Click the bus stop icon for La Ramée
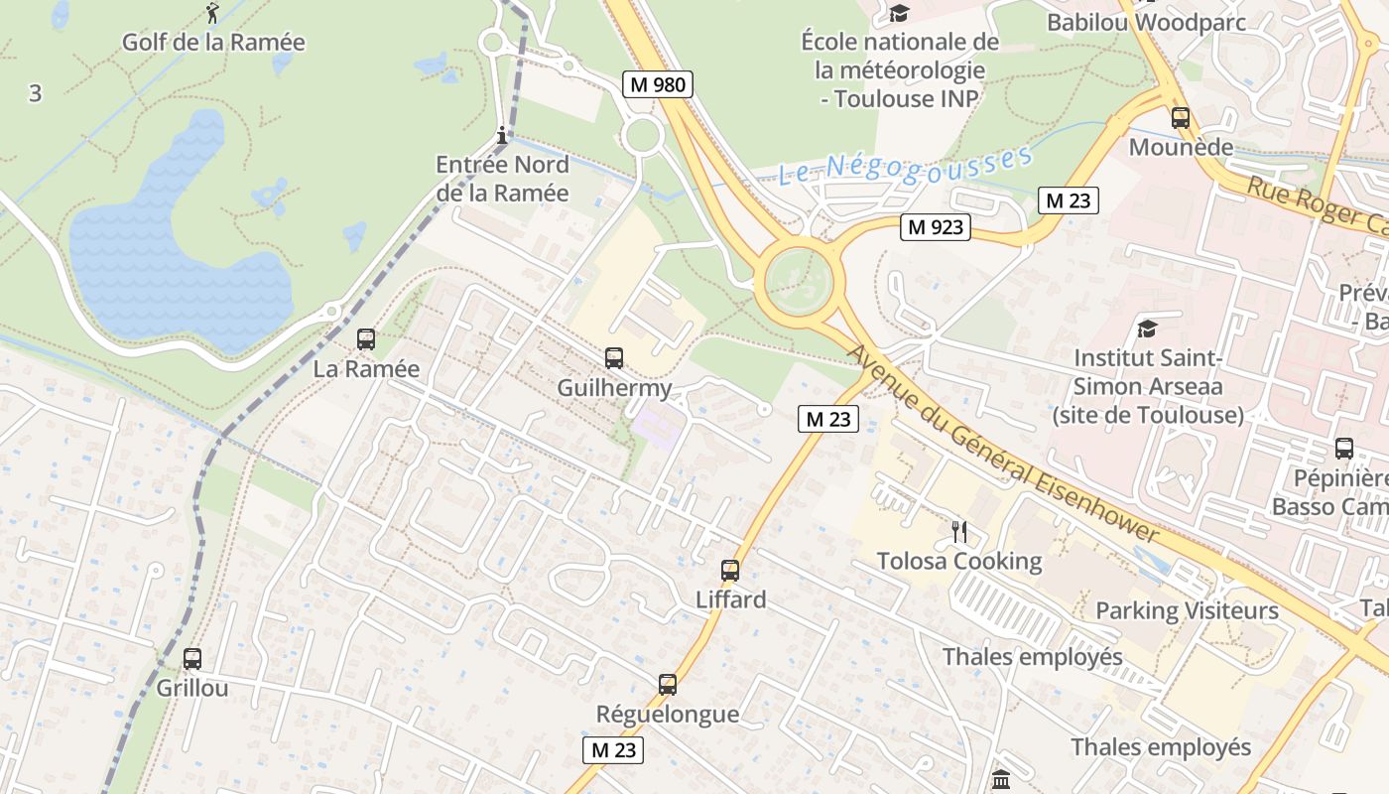coord(366,339)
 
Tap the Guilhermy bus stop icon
coord(614,358)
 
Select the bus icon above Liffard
coord(730,571)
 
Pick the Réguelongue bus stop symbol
coord(668,685)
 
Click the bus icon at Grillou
coord(192,658)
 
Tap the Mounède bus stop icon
coord(1181,118)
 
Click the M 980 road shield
coord(657,84)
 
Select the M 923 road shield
coord(936,227)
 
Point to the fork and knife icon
coord(958,532)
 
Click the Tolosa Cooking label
coord(959,561)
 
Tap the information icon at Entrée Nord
coord(502,135)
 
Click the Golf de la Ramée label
coord(213,42)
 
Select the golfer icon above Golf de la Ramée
coord(212,13)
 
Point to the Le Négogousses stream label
coord(905,167)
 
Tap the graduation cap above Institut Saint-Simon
coord(1147,329)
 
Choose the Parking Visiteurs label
coord(1187,609)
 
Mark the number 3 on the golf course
coord(36,93)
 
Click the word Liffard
coord(731,599)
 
